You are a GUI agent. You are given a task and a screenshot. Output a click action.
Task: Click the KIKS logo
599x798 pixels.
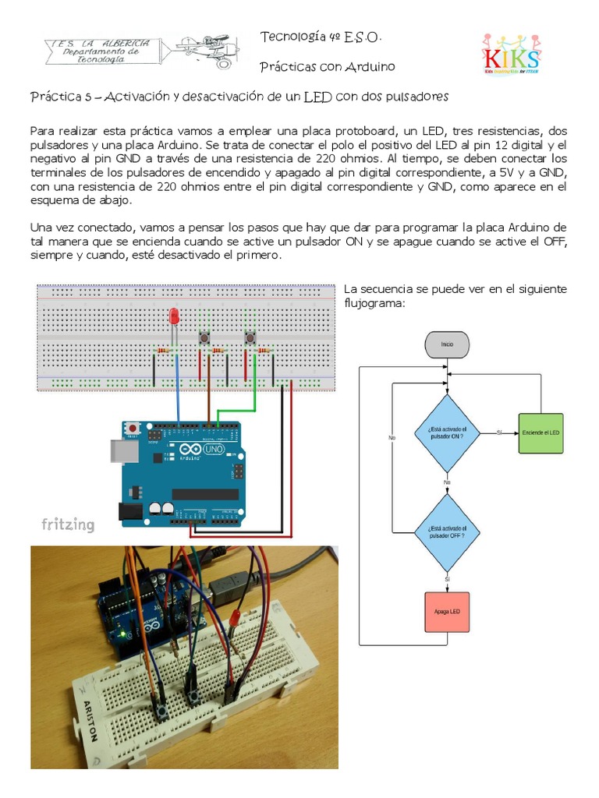coord(511,54)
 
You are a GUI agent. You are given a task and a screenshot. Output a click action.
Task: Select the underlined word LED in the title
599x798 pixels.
coord(317,97)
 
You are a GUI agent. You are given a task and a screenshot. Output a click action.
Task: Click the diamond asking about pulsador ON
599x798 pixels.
coord(446,433)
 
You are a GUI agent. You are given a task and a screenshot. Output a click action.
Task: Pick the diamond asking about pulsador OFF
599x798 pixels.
coord(446,532)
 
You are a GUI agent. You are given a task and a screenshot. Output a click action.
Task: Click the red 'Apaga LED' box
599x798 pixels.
coord(447,612)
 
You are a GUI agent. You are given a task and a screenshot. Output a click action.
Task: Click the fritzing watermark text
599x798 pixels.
coord(68,524)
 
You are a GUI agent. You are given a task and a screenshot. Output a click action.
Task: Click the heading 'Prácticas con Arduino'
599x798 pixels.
coord(327,67)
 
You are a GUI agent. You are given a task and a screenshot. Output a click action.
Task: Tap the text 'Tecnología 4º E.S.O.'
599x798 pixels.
coord(321,37)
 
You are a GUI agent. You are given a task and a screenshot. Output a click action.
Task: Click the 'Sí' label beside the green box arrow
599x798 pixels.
coord(499,433)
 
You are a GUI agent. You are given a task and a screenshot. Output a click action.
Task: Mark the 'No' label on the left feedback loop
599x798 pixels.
coord(392,438)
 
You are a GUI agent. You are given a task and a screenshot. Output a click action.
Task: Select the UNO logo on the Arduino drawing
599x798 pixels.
coord(213,450)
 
